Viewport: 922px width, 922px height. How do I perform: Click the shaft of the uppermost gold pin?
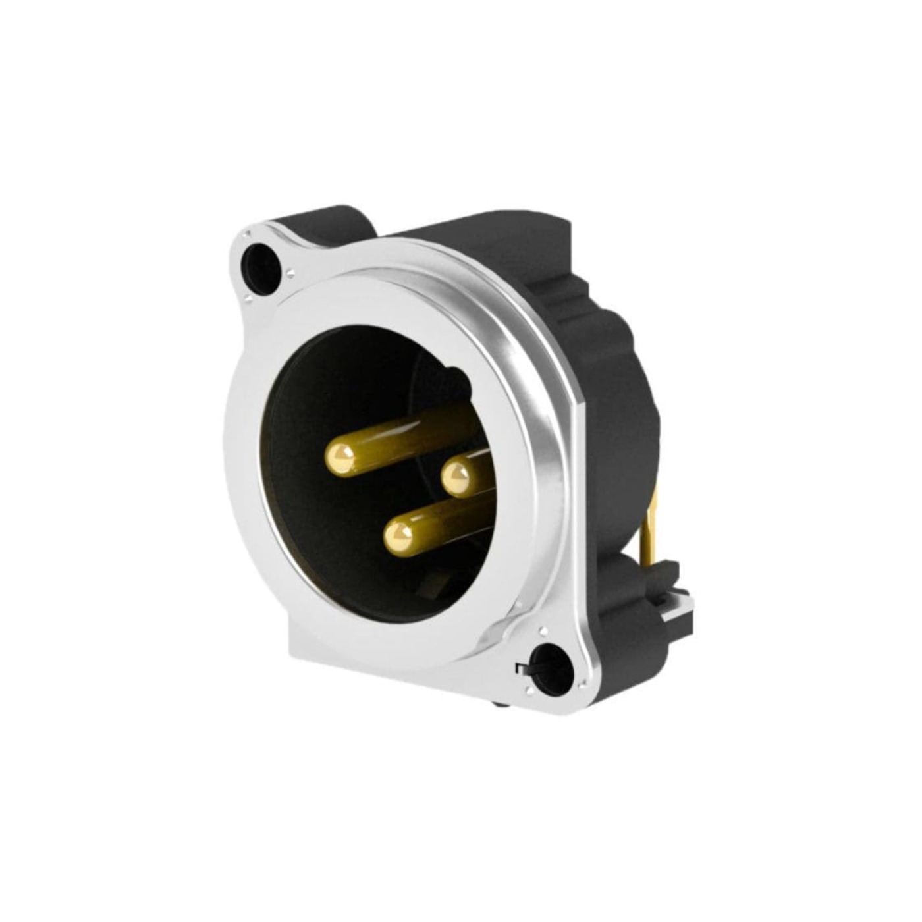click(408, 438)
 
